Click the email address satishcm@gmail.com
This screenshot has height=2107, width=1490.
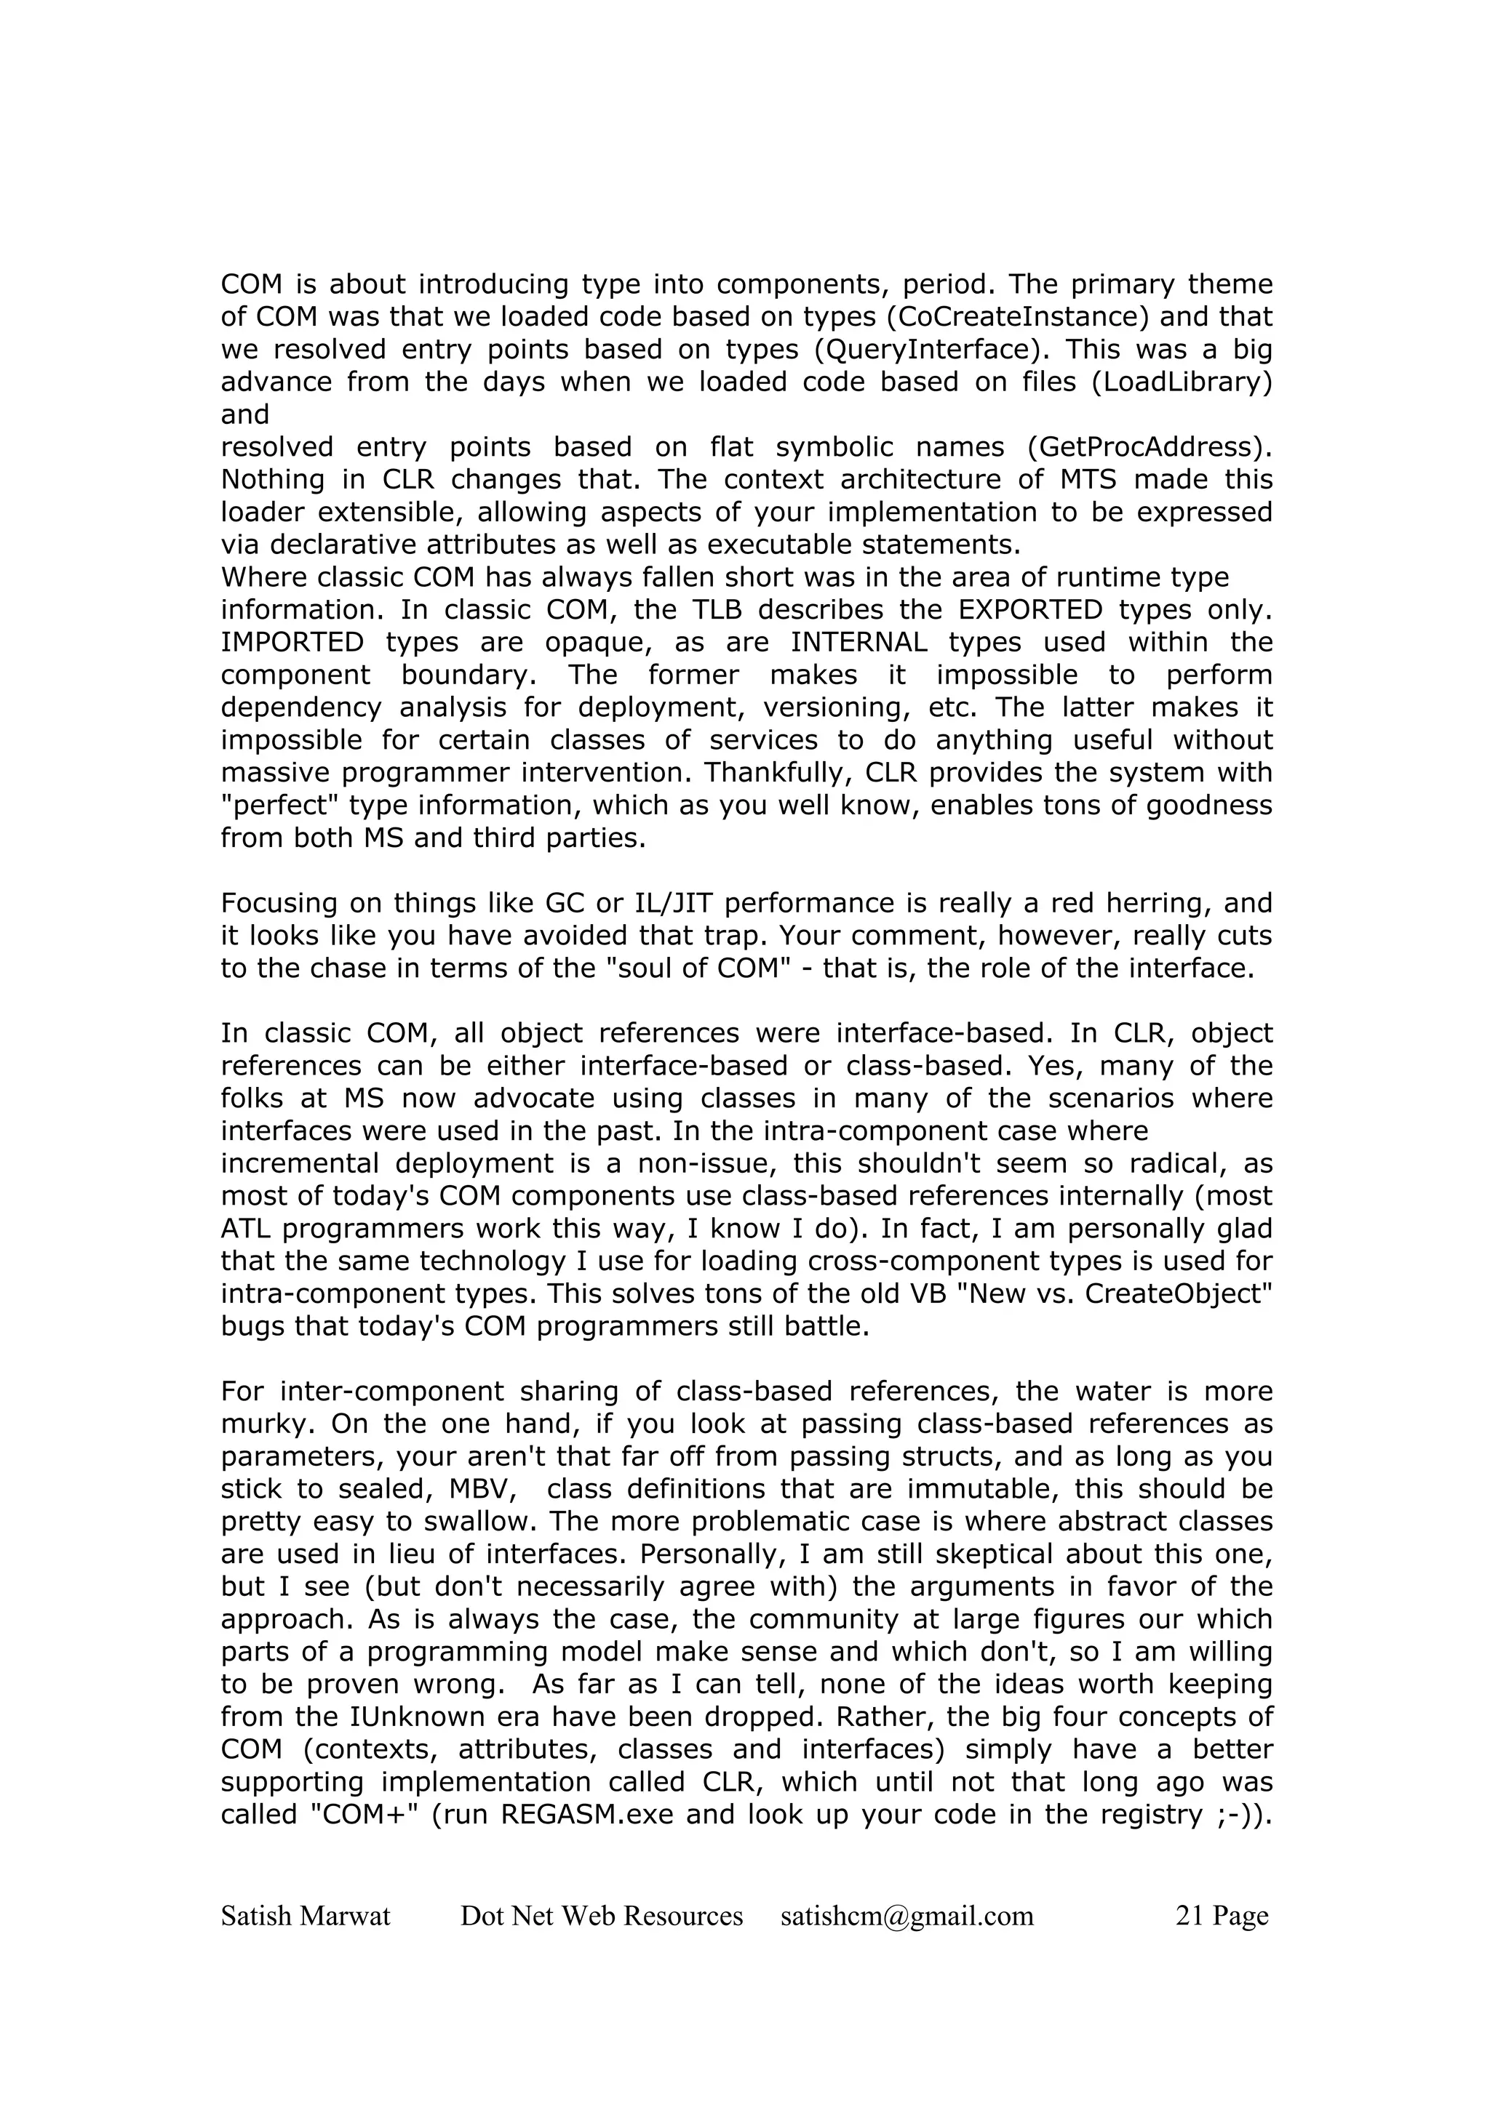[x=907, y=1916]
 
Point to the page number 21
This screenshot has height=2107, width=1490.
[x=1189, y=1916]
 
